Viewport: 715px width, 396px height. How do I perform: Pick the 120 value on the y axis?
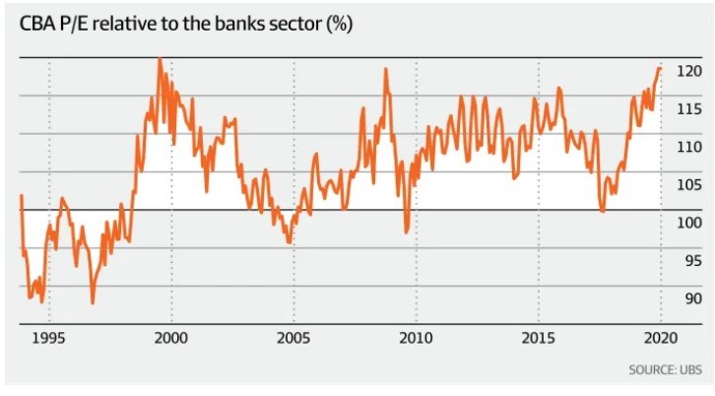click(x=689, y=71)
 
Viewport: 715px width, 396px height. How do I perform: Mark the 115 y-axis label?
click(x=689, y=109)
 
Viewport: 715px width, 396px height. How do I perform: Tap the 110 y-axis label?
click(x=689, y=147)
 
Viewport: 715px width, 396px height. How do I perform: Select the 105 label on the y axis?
click(x=689, y=185)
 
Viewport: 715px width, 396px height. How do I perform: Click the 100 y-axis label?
click(x=689, y=223)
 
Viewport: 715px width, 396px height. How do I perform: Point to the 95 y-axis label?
click(x=689, y=261)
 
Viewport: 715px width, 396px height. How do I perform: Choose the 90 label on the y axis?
click(x=689, y=298)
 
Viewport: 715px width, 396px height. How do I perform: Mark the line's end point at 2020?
click(x=660, y=69)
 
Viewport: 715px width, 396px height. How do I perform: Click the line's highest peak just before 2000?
click(x=159, y=59)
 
